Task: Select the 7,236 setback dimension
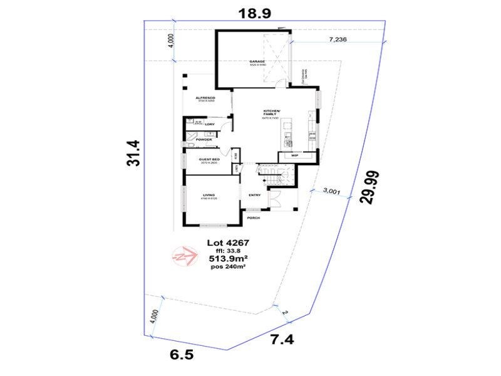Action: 338,39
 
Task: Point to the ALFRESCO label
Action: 205,98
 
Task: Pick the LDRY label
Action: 219,124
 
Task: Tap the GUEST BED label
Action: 208,160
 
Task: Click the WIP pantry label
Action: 294,154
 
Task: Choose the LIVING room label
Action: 209,196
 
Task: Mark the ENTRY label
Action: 254,195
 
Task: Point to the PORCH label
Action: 254,217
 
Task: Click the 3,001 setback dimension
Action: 331,192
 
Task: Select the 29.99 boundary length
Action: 369,186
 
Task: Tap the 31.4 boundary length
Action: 133,153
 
